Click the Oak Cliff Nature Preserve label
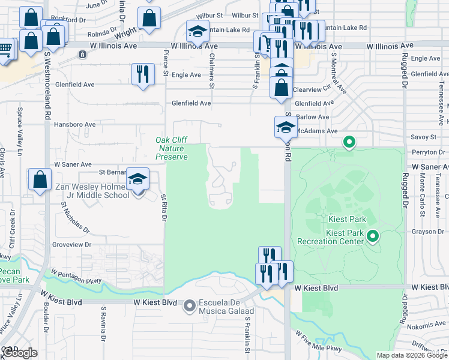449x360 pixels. click(x=172, y=148)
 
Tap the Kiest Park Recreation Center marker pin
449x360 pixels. click(x=373, y=236)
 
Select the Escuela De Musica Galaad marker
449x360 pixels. click(x=190, y=306)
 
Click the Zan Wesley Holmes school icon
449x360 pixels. click(x=138, y=179)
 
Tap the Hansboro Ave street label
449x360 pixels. click(x=75, y=125)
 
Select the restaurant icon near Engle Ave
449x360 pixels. click(x=142, y=74)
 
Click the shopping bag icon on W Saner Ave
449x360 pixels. click(x=39, y=179)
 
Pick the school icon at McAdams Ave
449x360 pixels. click(x=285, y=127)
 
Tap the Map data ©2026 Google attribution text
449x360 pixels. click(x=411, y=355)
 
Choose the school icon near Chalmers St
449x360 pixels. click(x=197, y=31)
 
